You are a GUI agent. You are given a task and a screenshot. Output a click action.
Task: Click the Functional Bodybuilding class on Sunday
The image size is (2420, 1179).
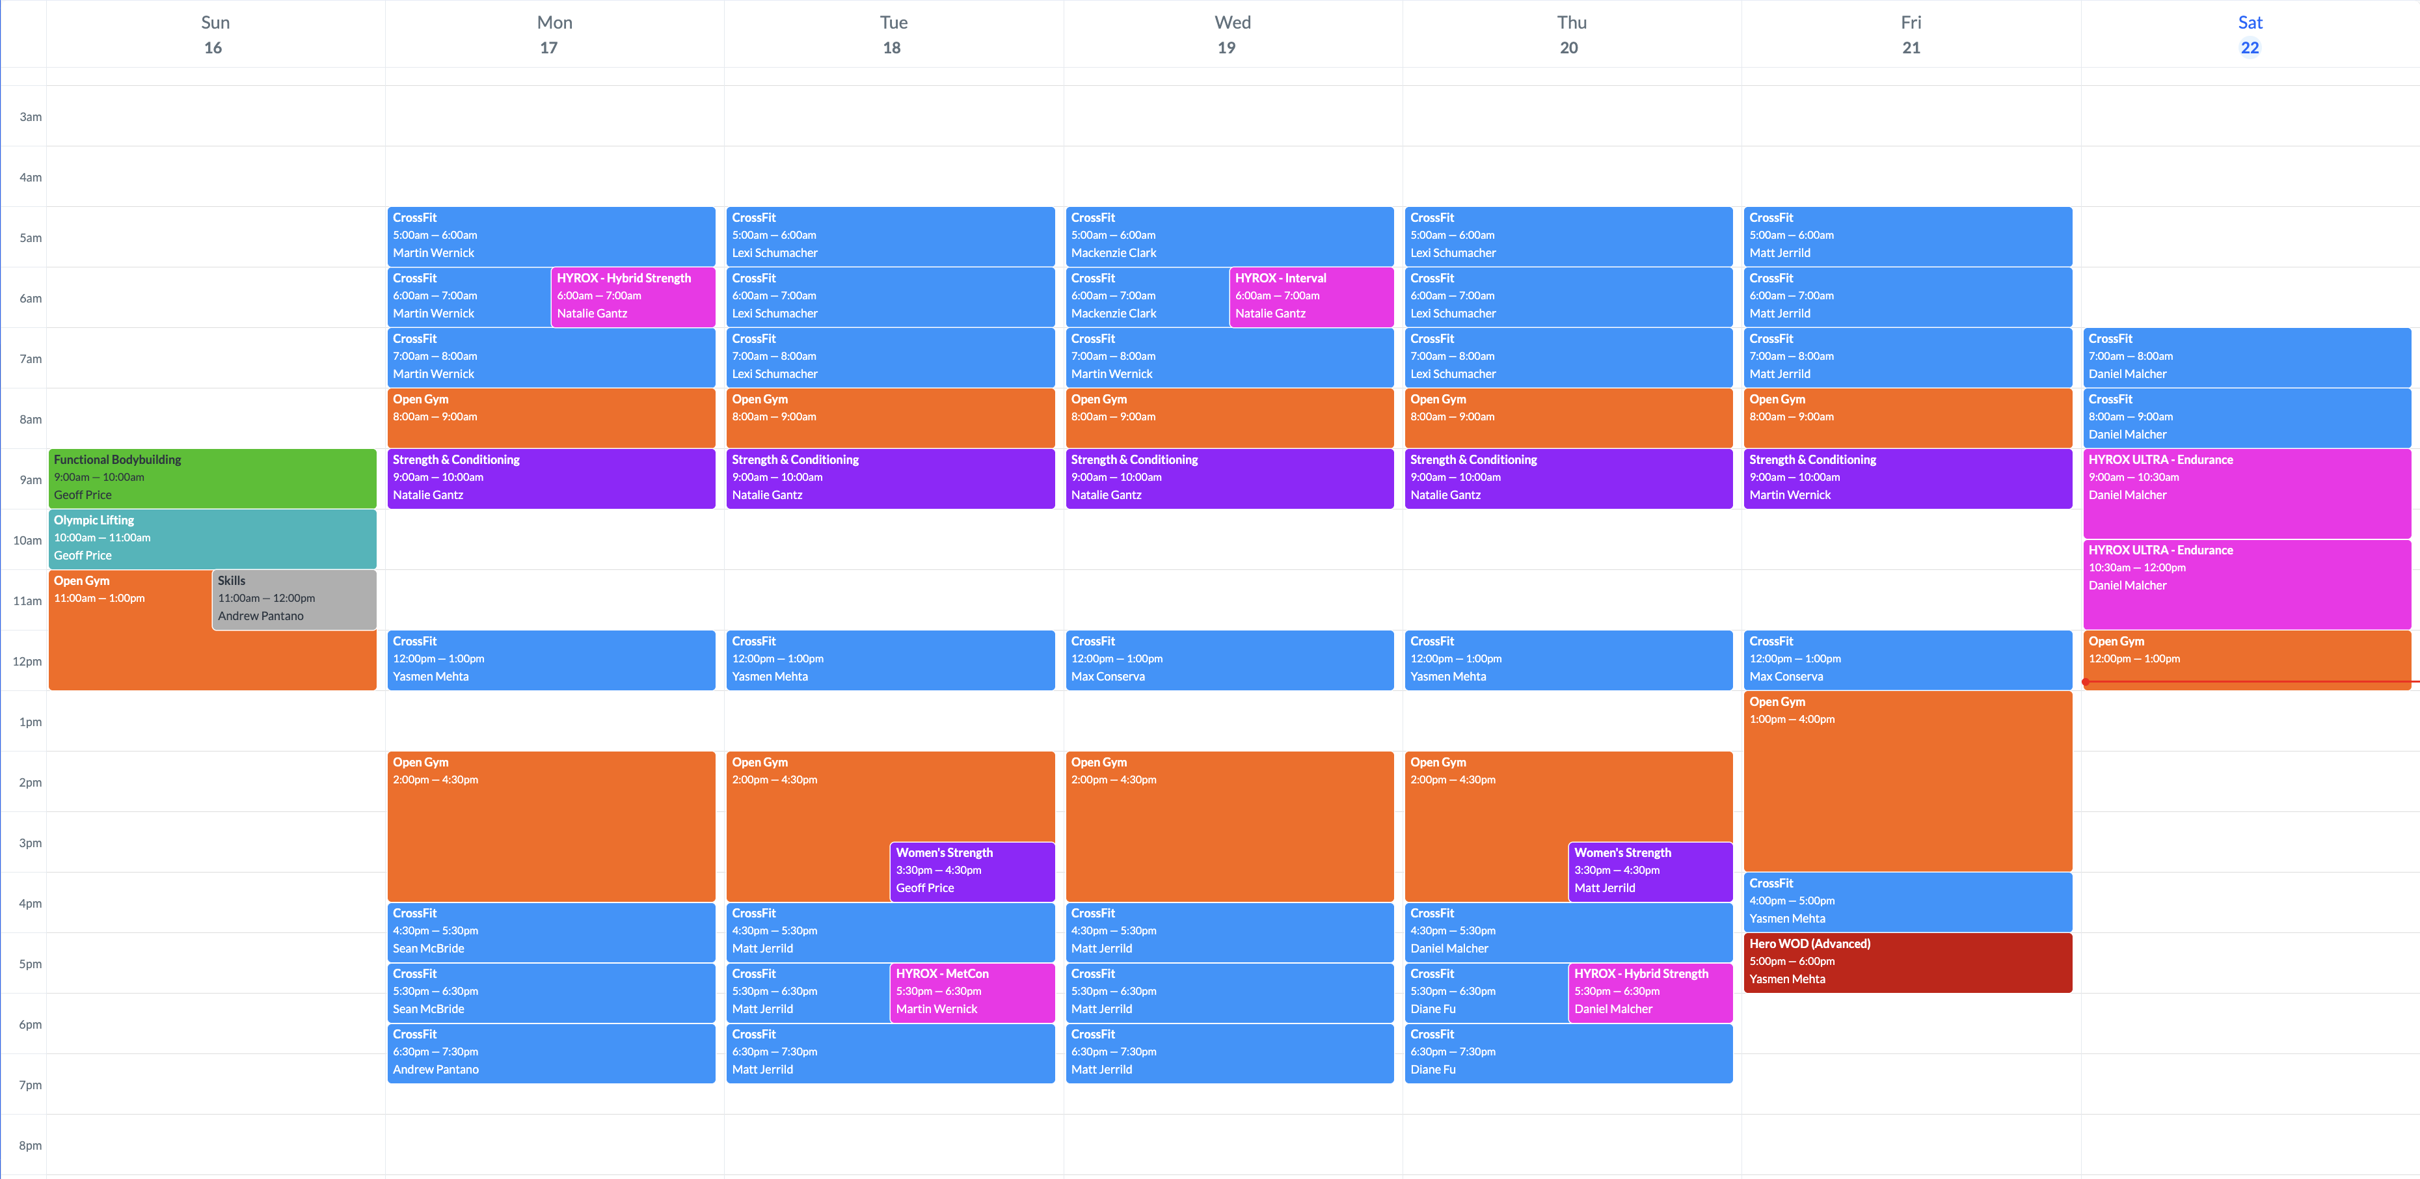[212, 477]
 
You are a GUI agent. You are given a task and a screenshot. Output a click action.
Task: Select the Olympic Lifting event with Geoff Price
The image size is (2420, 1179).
[212, 537]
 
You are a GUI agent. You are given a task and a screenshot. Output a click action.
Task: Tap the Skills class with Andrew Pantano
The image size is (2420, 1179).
[294, 599]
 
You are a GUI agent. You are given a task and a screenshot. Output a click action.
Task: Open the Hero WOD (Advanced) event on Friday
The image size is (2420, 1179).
[1907, 961]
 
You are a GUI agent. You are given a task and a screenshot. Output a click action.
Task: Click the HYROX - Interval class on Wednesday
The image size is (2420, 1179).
[1311, 296]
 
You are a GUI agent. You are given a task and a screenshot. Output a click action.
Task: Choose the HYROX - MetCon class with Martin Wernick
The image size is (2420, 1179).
[971, 991]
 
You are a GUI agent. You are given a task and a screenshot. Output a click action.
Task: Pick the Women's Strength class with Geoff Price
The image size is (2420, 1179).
[971, 870]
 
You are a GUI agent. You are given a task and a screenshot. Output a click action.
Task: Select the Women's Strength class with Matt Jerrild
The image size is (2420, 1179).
[1650, 870]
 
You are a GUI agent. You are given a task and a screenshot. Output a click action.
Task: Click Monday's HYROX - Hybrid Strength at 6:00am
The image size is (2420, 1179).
[632, 296]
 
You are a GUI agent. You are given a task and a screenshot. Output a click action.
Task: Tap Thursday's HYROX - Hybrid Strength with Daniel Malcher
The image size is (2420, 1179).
[1650, 991]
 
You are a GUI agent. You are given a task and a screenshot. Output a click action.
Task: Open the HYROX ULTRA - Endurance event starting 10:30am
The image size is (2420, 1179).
[2246, 582]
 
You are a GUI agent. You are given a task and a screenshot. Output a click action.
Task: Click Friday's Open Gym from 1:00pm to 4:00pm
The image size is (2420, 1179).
[1907, 779]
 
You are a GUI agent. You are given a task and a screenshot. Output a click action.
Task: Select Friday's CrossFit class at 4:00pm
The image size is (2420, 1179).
[1907, 901]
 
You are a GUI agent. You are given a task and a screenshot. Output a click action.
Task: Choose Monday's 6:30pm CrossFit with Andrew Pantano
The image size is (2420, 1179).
[550, 1052]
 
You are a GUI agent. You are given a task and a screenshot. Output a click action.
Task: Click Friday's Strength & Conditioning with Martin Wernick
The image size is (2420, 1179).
[1907, 477]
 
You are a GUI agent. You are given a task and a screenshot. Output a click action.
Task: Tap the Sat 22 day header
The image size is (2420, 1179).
[2249, 34]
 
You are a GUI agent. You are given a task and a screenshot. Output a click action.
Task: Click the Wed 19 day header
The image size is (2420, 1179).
[1231, 34]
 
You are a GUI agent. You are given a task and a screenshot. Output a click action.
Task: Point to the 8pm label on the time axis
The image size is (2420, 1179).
[30, 1145]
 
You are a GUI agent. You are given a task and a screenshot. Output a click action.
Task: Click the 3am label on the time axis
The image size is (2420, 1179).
[30, 116]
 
